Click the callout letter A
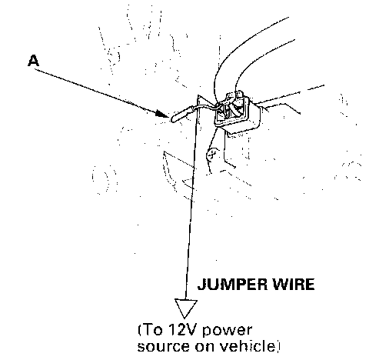tap(33, 61)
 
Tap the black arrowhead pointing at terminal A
tap(162, 114)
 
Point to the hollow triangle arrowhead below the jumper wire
tap(186, 308)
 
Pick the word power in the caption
tap(227, 331)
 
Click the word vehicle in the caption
tap(248, 345)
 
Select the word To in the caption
tap(153, 330)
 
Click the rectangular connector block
tap(238, 114)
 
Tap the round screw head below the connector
tap(212, 154)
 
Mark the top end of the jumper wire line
tap(198, 95)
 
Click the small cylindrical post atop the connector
tap(239, 95)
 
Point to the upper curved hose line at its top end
tap(288, 18)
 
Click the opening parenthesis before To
tap(140, 330)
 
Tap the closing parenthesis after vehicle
tap(278, 346)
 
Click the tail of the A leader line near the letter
tap(35, 69)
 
